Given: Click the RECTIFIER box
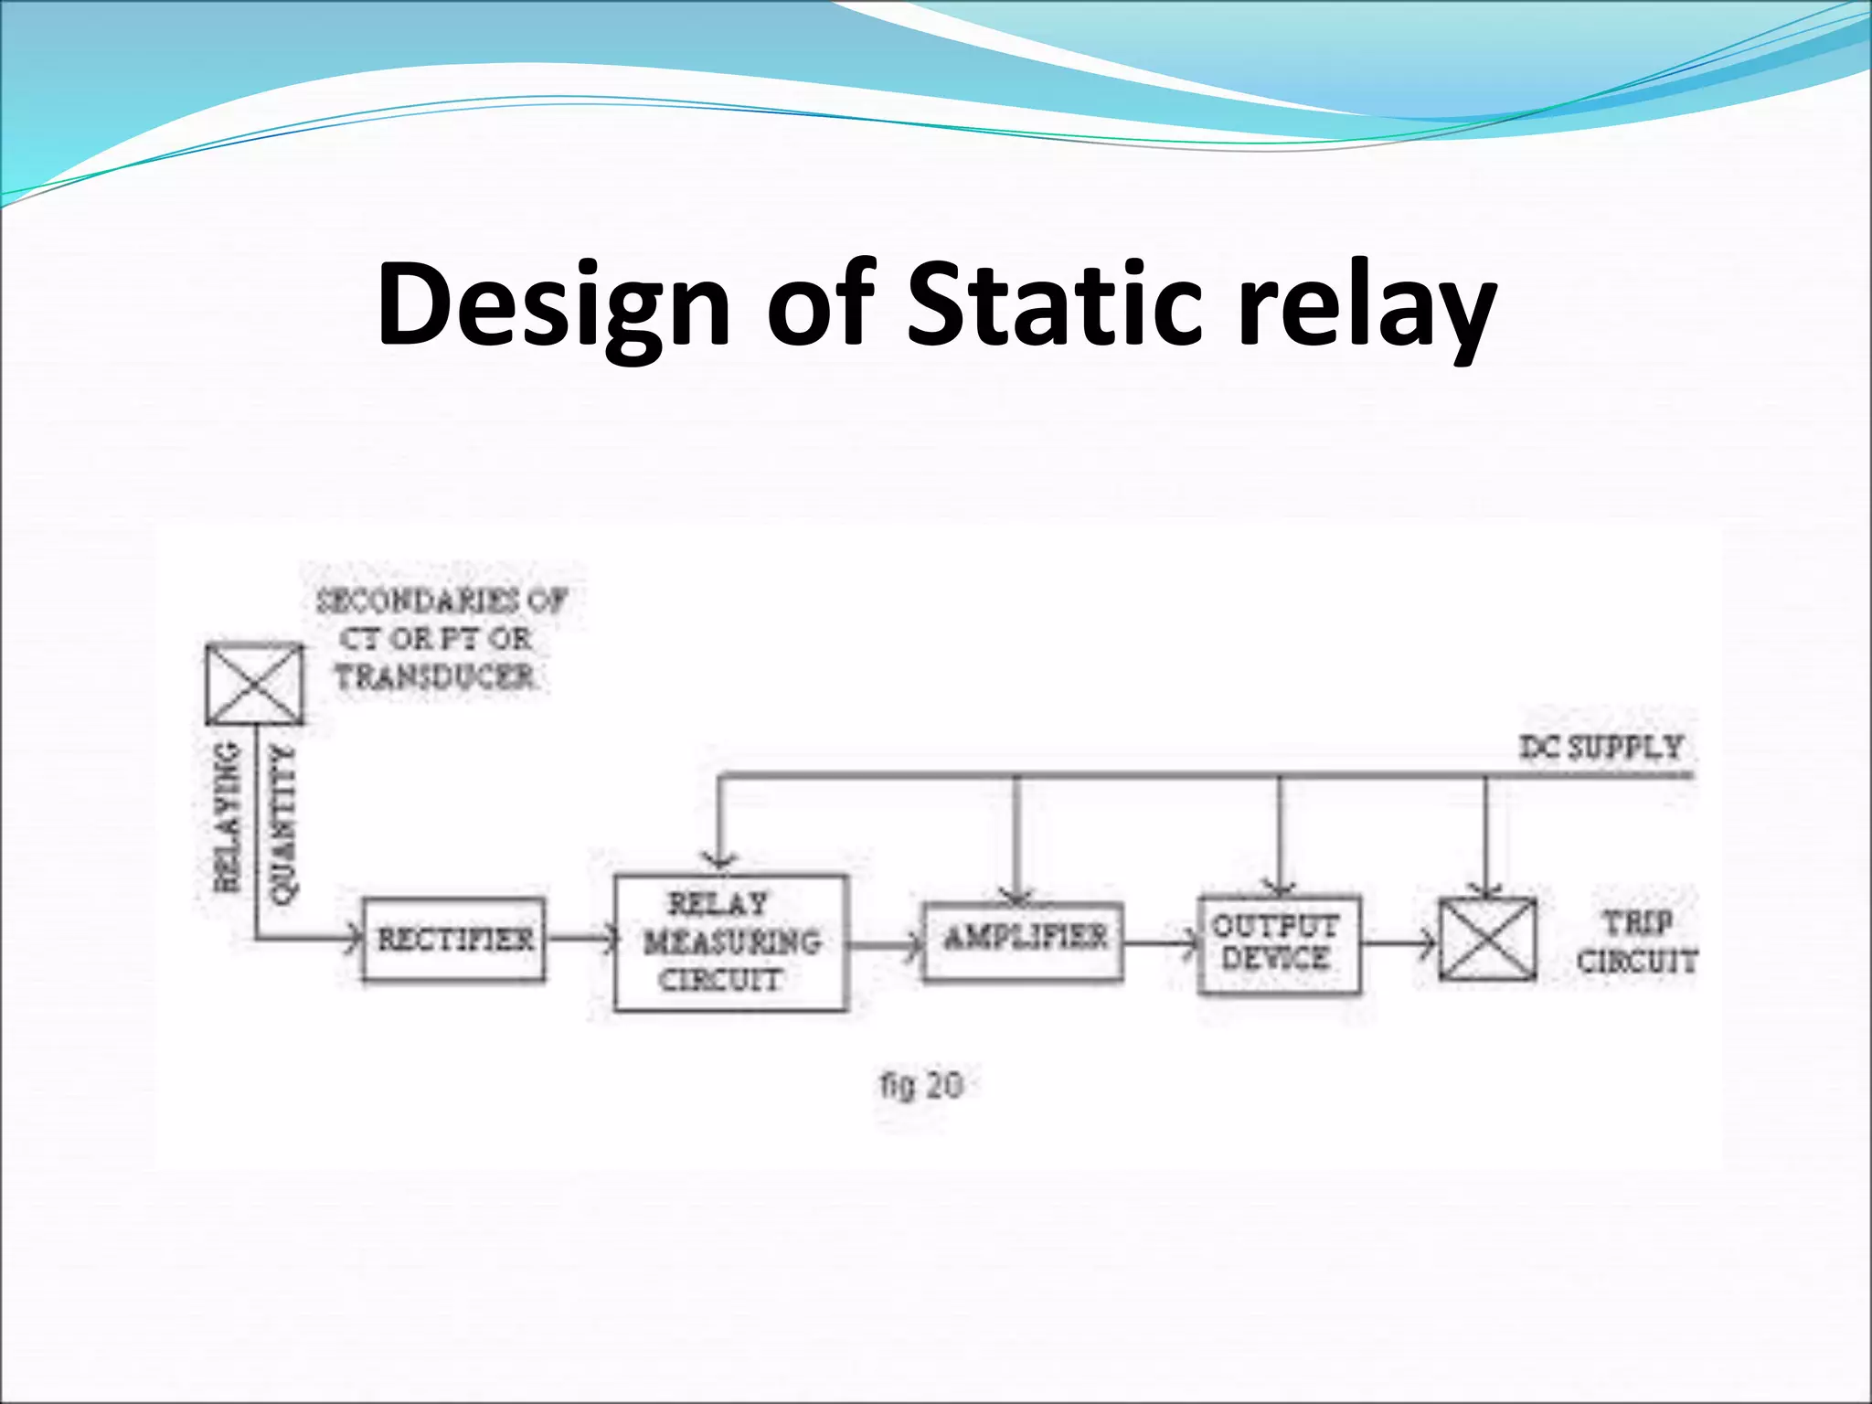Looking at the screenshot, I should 454,940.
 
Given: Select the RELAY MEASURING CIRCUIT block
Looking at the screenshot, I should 730,942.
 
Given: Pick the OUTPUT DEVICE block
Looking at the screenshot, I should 1279,944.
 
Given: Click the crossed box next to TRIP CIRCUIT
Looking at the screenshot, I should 1487,940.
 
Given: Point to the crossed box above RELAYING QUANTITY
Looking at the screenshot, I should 254,684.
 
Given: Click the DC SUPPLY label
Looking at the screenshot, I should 1601,748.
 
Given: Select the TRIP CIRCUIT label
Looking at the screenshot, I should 1637,941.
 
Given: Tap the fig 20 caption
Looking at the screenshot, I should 921,1086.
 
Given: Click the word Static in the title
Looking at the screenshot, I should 1051,303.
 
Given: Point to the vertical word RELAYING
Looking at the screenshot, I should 228,816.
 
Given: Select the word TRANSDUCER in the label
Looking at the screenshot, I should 435,677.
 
